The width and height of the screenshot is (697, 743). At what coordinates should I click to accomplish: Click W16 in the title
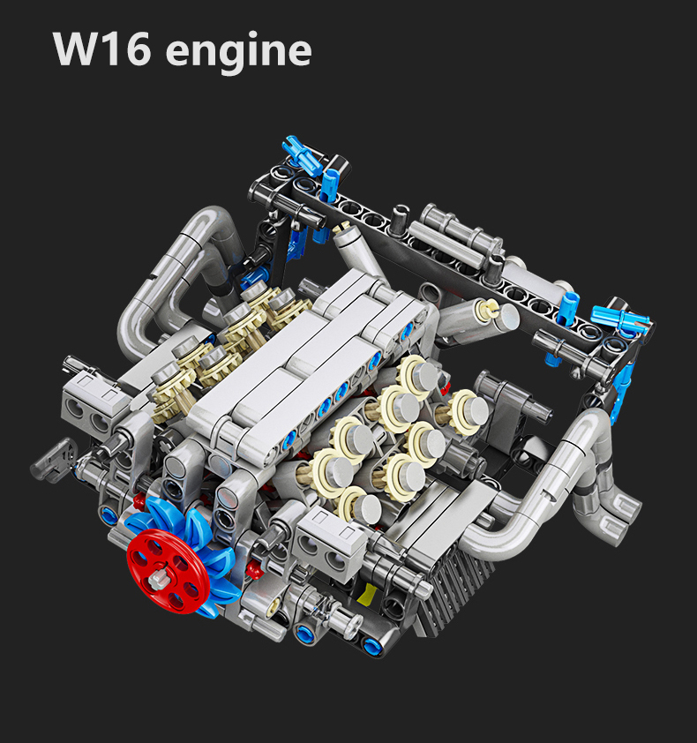pos(101,49)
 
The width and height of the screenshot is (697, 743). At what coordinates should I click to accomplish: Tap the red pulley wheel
pos(169,571)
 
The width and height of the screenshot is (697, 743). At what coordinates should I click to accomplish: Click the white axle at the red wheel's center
pos(157,580)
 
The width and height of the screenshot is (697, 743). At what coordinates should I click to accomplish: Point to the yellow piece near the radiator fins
pos(367,596)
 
